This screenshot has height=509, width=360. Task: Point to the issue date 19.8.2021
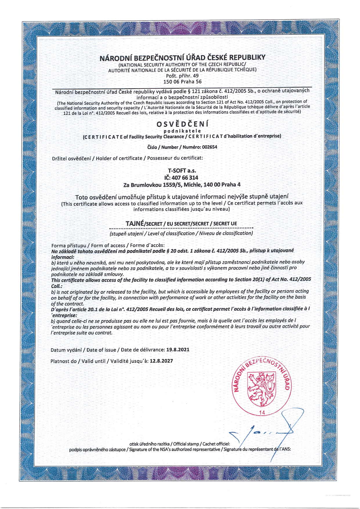click(x=178, y=350)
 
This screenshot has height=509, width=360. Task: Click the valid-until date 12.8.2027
click(x=161, y=361)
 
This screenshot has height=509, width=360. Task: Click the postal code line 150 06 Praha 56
click(x=182, y=82)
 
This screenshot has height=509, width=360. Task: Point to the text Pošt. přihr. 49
click(x=182, y=76)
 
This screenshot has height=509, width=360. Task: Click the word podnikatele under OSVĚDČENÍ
click(x=182, y=131)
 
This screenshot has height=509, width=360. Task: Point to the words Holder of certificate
click(x=119, y=158)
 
